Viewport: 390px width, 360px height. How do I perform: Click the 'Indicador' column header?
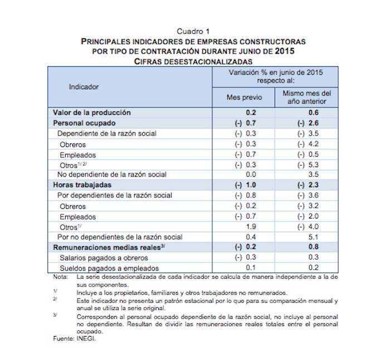pyautogui.click(x=84, y=87)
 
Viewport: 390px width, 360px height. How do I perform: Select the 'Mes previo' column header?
pyautogui.click(x=243, y=98)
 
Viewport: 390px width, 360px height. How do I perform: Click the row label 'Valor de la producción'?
pyautogui.click(x=91, y=113)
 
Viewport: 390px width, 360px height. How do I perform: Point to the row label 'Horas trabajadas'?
pyautogui.click(x=82, y=184)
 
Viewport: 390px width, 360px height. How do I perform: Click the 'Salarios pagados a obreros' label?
pyautogui.click(x=103, y=257)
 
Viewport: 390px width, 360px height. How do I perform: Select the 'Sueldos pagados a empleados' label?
pyautogui.click(x=107, y=267)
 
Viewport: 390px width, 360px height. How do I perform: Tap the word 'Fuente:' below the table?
pyautogui.click(x=63, y=337)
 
